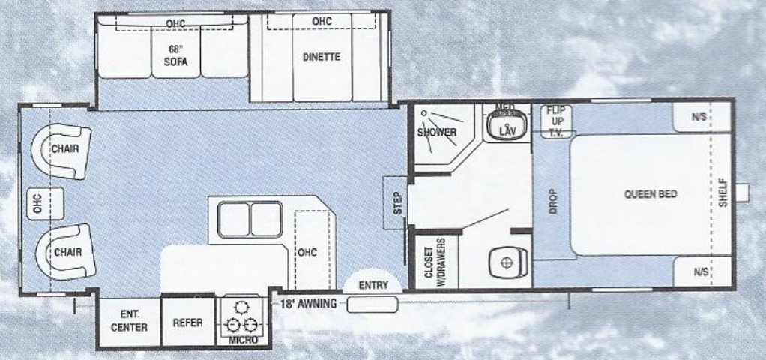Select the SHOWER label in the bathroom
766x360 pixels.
(437, 133)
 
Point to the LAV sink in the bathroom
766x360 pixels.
(509, 128)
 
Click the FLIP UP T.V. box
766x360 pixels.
(556, 121)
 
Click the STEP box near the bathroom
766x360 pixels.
(397, 202)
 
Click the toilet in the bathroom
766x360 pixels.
(508, 263)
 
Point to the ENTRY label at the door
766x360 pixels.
(373, 286)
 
